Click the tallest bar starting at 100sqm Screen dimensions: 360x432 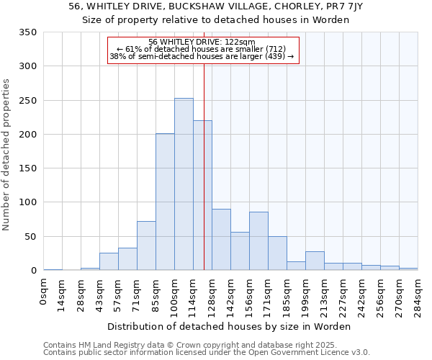pos(184,184)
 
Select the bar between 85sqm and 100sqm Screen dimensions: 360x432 pos(165,202)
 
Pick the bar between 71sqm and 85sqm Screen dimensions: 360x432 pos(146,246)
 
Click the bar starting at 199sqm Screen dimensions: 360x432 pos(315,261)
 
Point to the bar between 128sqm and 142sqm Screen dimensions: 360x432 pos(221,240)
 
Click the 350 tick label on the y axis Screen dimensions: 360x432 pos(27,32)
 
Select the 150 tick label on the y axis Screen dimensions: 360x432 pos(27,168)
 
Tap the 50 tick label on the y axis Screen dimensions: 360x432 pos(30,236)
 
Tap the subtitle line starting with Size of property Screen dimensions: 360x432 pos(216,19)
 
